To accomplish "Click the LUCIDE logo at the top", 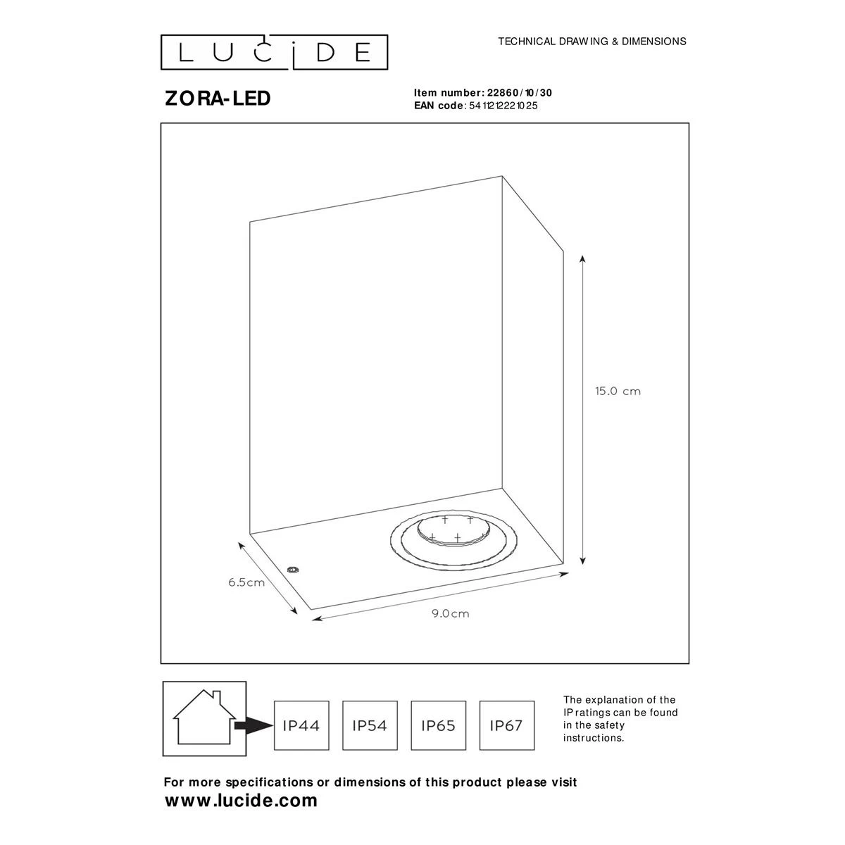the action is pyautogui.click(x=274, y=52).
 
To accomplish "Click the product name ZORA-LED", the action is pyautogui.click(x=218, y=99).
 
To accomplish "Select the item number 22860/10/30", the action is pyautogui.click(x=519, y=92).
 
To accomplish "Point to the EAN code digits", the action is pyautogui.click(x=503, y=106).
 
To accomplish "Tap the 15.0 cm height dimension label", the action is pyautogui.click(x=618, y=391).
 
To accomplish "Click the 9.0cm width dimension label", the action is pyautogui.click(x=450, y=613).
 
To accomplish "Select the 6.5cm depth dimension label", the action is pyautogui.click(x=246, y=582).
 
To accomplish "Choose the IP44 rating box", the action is pyautogui.click(x=301, y=726).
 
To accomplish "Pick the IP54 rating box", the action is pyautogui.click(x=370, y=726).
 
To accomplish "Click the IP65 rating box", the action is pyautogui.click(x=438, y=726).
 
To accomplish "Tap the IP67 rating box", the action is pyautogui.click(x=507, y=726).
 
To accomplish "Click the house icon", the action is pyautogui.click(x=204, y=718).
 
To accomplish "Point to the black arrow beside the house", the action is pyautogui.click(x=254, y=726).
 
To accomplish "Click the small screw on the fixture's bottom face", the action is pyautogui.click(x=292, y=570).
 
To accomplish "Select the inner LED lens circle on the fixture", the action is pyautogui.click(x=453, y=531).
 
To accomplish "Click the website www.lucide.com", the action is pyautogui.click(x=241, y=800).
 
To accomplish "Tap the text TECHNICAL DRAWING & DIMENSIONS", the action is pyautogui.click(x=592, y=42).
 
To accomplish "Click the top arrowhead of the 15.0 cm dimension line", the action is pyautogui.click(x=582, y=258).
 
